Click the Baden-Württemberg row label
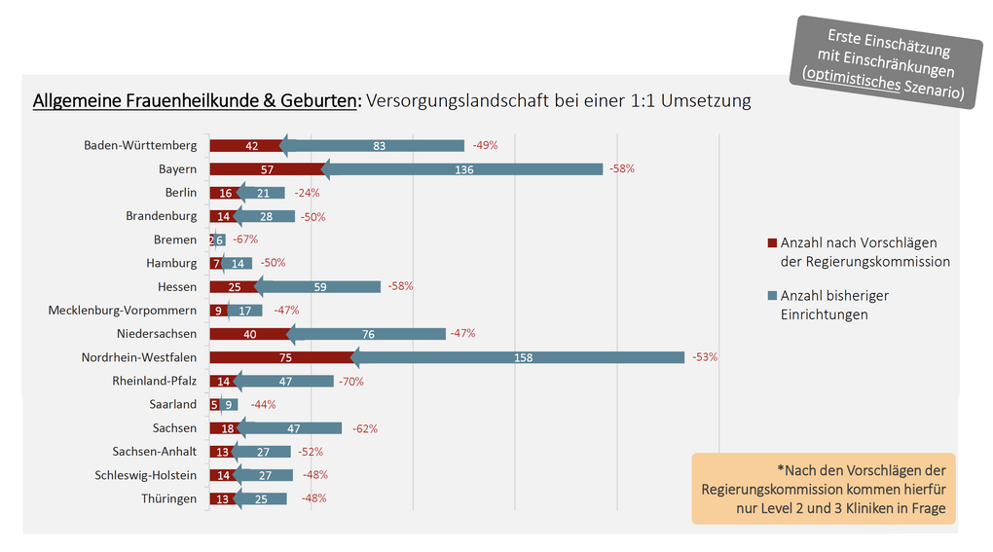140,146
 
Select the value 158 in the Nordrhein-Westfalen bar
522,357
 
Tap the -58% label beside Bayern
622,169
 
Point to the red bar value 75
285,357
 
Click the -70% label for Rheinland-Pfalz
350,382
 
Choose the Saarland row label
172,405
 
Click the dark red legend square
772,243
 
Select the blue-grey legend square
772,296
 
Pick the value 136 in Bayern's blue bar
463,169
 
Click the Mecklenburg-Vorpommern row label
123,311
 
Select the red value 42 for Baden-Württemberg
251,146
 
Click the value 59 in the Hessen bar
319,287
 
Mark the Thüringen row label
168,499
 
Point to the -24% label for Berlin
307,193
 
